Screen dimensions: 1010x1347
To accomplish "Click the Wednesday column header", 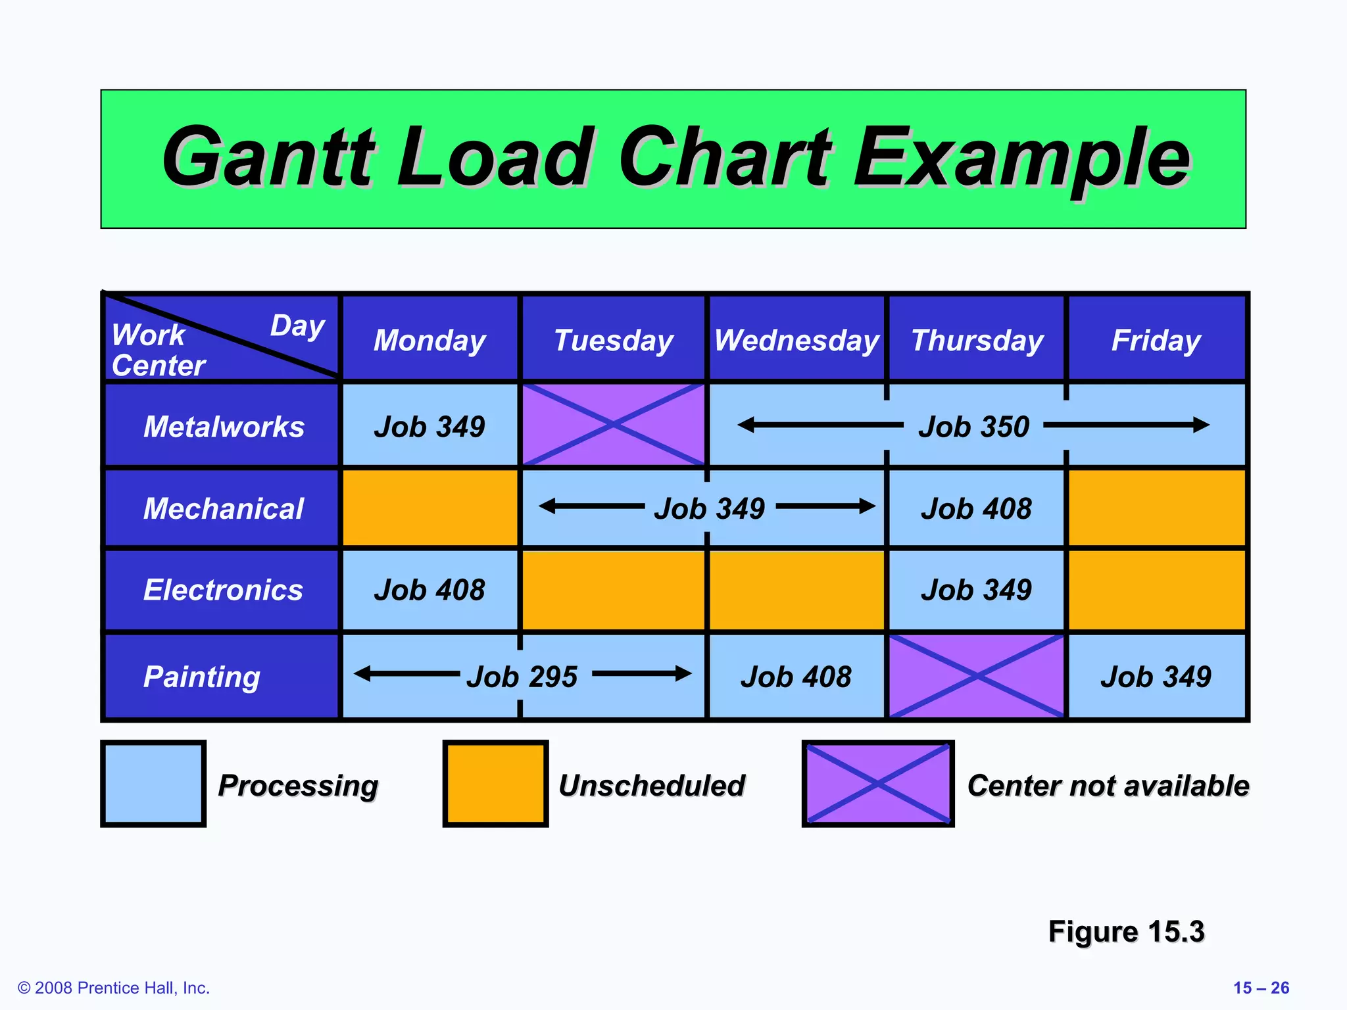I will pyautogui.click(x=796, y=341).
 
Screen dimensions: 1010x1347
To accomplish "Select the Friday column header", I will pyautogui.click(x=1156, y=341).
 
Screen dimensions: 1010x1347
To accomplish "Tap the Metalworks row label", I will pyautogui.click(x=224, y=427).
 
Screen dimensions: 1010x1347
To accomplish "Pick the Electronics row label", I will pyautogui.click(x=223, y=590).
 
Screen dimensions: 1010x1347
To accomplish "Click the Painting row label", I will pyautogui.click(x=202, y=677).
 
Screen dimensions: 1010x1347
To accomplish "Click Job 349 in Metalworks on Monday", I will pyautogui.click(x=429, y=427).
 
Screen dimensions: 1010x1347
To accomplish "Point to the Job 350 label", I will pyautogui.click(x=973, y=427).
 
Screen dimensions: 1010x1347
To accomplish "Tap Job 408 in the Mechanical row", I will pyautogui.click(x=976, y=509).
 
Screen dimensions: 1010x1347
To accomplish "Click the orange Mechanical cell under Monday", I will pyautogui.click(x=430, y=508).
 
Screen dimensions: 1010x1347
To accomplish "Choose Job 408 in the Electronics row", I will pyautogui.click(x=429, y=590).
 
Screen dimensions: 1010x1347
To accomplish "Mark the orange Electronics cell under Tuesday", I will pyautogui.click(x=613, y=590).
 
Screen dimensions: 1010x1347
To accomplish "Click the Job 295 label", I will pyautogui.click(x=522, y=677).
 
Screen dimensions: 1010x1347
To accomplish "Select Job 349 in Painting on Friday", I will pyautogui.click(x=1156, y=677).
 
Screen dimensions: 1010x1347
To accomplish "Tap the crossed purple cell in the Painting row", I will pyautogui.click(x=977, y=676).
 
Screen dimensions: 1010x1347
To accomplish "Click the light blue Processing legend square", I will pyautogui.click(x=153, y=783).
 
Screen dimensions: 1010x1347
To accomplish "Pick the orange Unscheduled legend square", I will pyautogui.click(x=495, y=783).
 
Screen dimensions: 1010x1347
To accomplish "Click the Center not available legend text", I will pyautogui.click(x=1108, y=785).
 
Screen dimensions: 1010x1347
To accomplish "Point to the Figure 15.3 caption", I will pyautogui.click(x=1125, y=932).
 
